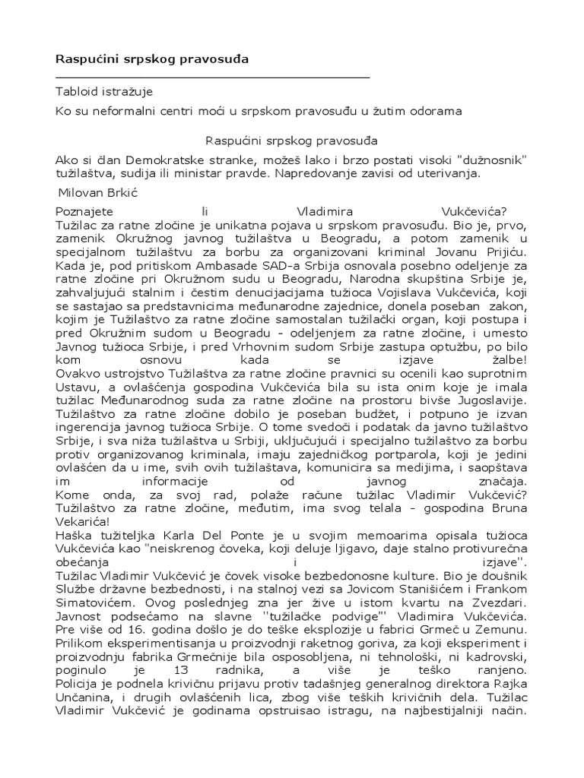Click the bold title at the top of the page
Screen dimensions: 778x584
151,59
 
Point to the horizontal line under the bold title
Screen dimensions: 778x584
213,77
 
